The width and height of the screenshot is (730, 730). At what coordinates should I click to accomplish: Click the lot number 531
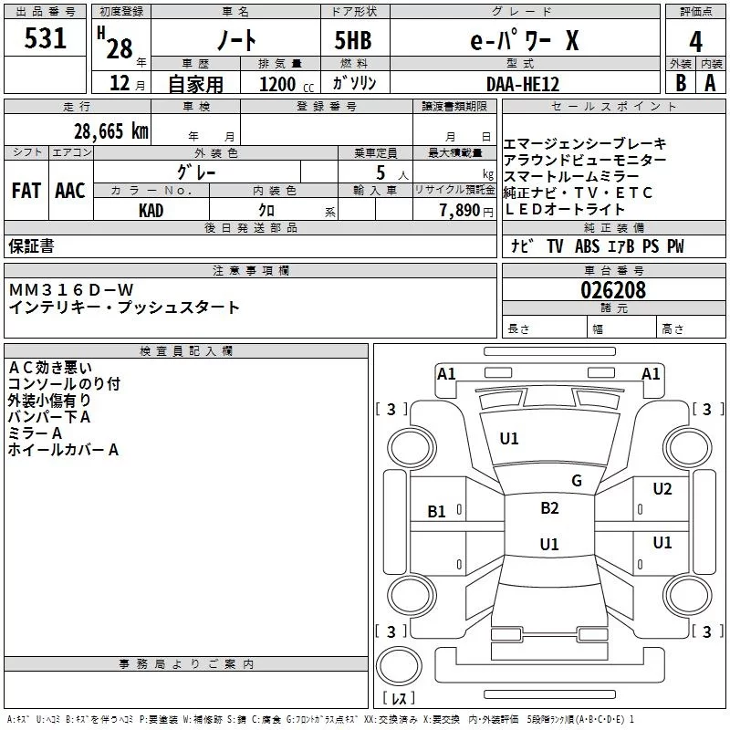(45, 38)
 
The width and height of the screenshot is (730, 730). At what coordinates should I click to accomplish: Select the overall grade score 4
(695, 42)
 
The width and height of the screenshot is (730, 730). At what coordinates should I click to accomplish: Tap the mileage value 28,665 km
(111, 131)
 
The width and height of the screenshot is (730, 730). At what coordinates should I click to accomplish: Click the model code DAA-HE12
(523, 84)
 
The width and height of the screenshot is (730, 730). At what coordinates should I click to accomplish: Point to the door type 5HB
(353, 40)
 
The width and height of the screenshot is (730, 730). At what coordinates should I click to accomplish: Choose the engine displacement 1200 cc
(287, 85)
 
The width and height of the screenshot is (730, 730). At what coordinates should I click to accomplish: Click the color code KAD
(151, 211)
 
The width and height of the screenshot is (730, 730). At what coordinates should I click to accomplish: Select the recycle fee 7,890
(460, 211)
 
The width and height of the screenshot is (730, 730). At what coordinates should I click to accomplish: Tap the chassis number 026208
(613, 290)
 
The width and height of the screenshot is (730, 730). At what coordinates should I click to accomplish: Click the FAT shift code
(26, 191)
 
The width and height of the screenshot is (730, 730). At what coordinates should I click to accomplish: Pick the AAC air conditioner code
(70, 191)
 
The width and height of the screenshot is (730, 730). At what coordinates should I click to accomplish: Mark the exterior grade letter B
(681, 83)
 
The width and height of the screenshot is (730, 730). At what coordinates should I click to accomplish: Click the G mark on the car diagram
(577, 481)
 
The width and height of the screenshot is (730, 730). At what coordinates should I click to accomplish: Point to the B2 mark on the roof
(549, 508)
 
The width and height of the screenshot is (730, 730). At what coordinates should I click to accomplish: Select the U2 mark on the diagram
(662, 489)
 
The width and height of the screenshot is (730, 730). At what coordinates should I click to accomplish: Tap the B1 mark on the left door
(436, 512)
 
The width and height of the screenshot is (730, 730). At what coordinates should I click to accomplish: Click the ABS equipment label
(587, 246)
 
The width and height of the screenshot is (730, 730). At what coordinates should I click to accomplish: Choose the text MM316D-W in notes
(71, 290)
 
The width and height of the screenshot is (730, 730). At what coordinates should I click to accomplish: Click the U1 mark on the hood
(509, 439)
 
